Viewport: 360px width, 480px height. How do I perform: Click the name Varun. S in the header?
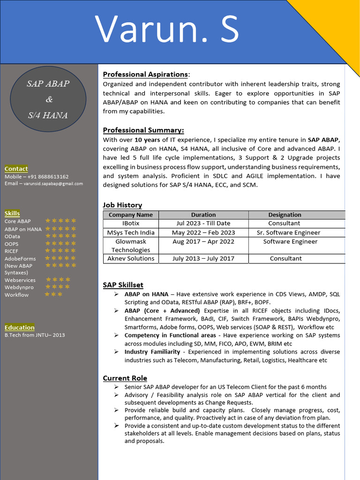click(x=167, y=30)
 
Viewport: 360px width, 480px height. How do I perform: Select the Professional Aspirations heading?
click(x=145, y=75)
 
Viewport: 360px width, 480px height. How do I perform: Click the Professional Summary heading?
click(x=143, y=130)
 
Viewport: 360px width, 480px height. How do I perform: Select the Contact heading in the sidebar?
click(x=16, y=169)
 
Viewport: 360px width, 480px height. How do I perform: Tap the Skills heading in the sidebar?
click(x=12, y=213)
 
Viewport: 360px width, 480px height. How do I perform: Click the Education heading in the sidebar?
click(x=19, y=327)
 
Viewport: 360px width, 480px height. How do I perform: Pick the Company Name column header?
click(x=131, y=215)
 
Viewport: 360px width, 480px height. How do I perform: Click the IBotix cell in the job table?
click(x=131, y=224)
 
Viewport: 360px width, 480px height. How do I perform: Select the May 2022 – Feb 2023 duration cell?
click(x=203, y=232)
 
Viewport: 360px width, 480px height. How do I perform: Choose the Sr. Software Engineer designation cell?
click(x=288, y=232)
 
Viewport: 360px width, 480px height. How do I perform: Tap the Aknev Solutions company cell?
click(x=131, y=258)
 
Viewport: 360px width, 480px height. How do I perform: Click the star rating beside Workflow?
click(x=53, y=294)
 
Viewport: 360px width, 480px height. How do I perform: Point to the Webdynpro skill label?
click(x=19, y=287)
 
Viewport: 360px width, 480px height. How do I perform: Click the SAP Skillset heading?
click(x=123, y=285)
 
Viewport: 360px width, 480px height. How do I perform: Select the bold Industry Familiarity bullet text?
click(x=152, y=352)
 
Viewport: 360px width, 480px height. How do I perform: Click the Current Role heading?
click(x=125, y=378)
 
